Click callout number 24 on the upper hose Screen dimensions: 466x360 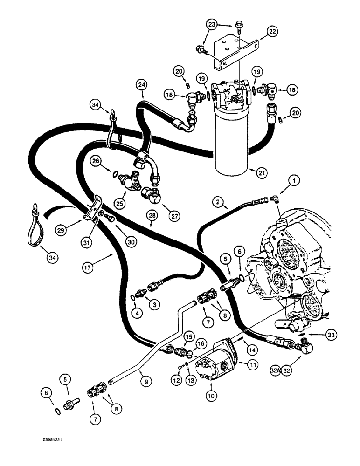point(141,85)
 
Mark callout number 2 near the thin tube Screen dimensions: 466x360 point(217,202)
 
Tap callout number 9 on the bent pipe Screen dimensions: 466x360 point(144,381)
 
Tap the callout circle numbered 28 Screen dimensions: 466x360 point(151,215)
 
